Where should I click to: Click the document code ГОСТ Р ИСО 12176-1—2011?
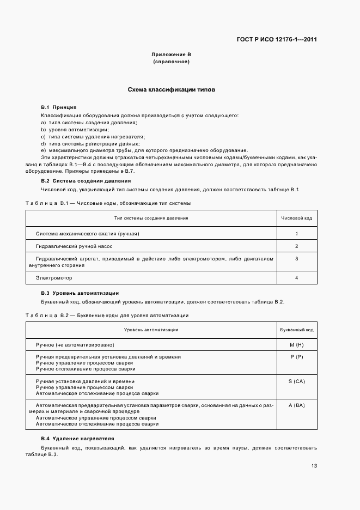277,40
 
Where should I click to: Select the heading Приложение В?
171,55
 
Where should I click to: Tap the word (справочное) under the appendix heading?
171,62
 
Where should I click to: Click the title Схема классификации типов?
171,89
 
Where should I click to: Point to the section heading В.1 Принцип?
59,107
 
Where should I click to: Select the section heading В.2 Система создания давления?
86,180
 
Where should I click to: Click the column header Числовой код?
296,218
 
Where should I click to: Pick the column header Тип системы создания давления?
151,218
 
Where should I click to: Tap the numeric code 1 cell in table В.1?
296,234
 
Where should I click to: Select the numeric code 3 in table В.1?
296,259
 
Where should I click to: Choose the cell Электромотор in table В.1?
53,278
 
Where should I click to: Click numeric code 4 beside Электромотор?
296,278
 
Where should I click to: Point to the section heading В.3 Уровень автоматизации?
80,293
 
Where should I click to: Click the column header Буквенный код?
296,330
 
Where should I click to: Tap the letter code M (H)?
296,345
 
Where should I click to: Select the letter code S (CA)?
296,381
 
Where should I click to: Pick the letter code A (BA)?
296,405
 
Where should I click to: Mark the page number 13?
314,465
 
